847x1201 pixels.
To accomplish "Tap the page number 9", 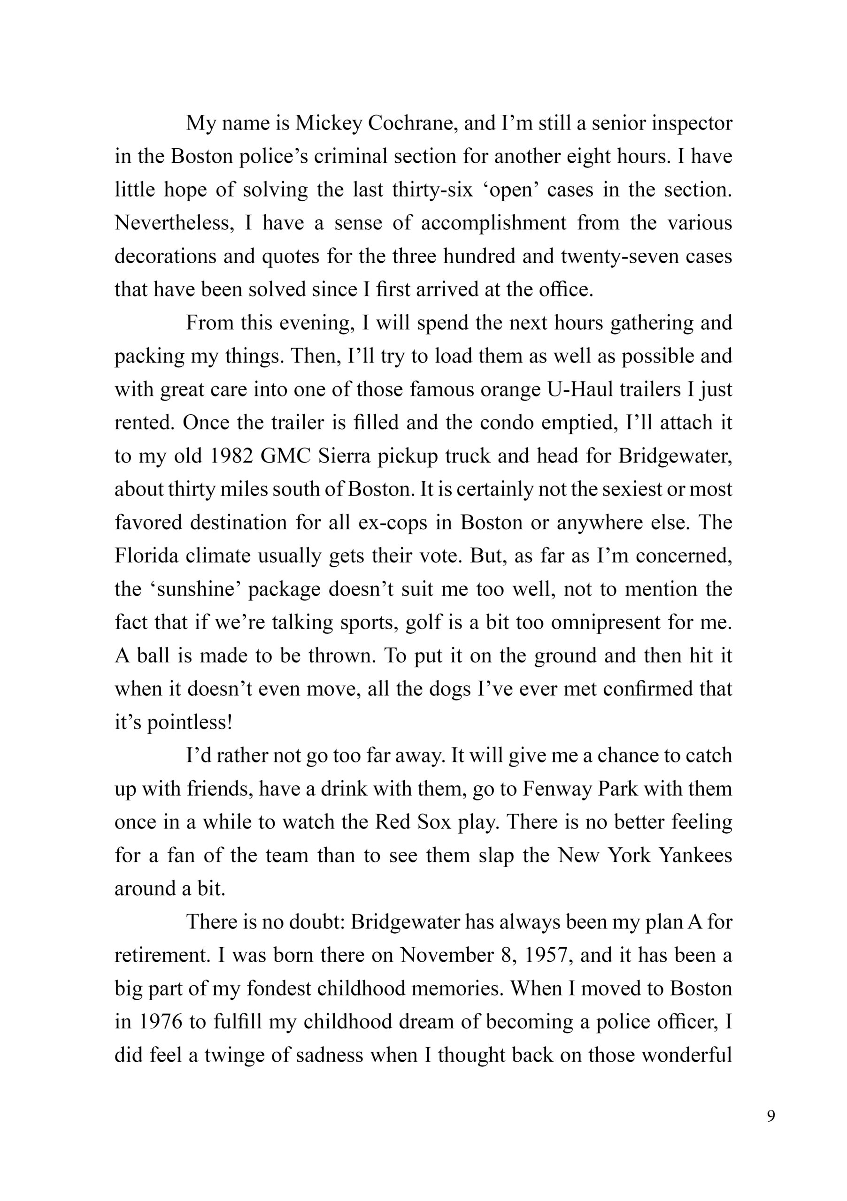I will tap(770, 1132).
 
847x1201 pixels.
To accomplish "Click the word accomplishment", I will tap(493, 223).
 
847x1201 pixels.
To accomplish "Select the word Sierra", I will tap(342, 456).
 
